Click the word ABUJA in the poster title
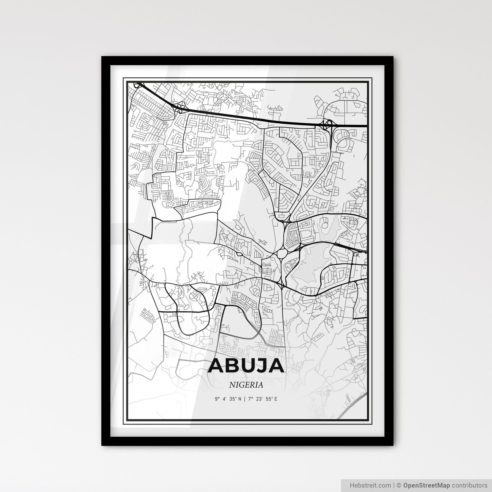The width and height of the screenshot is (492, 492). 246,366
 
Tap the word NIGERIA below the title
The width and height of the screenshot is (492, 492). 246,385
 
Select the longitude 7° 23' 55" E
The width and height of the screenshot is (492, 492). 262,399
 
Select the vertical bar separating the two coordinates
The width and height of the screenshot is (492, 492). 245,399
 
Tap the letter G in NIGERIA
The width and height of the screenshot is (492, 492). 240,385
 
